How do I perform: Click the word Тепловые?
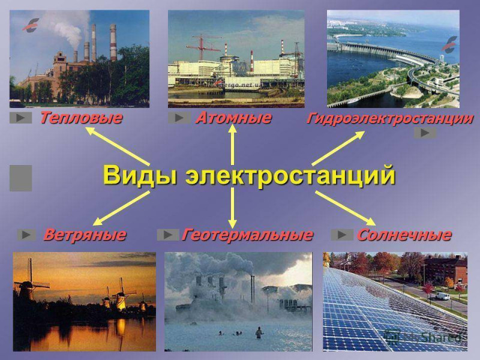[x=81, y=118]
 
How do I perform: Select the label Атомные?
[x=233, y=118]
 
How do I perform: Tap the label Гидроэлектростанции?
[x=390, y=119]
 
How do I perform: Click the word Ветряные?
[x=85, y=235]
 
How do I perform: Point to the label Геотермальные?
[x=247, y=235]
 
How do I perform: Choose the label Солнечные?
[x=404, y=235]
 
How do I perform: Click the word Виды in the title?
[x=140, y=175]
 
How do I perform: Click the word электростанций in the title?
[x=290, y=176]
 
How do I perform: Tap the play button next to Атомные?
[x=179, y=118]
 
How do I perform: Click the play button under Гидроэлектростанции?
[x=425, y=133]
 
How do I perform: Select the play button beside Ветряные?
[x=26, y=235]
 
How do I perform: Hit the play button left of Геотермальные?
[x=168, y=235]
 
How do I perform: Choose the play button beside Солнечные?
[x=342, y=235]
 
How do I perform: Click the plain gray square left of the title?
[x=21, y=178]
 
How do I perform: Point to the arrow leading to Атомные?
[x=233, y=145]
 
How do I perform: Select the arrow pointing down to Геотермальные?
[x=233, y=208]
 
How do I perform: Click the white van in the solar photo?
[x=442, y=296]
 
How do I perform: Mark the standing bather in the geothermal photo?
[x=259, y=332]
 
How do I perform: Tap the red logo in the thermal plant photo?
[x=31, y=25]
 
